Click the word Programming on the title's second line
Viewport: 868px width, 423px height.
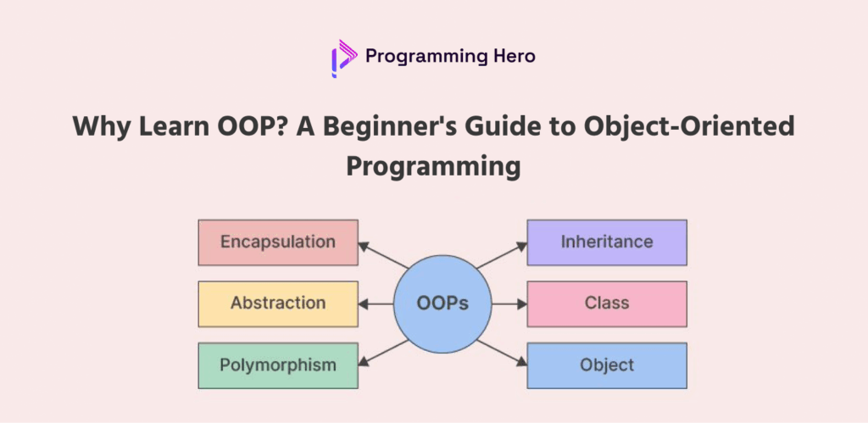pyautogui.click(x=433, y=167)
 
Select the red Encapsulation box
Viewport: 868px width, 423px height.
pyautogui.click(x=278, y=242)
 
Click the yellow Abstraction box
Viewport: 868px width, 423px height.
pyautogui.click(x=278, y=304)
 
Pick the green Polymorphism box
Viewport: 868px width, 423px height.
pyautogui.click(x=278, y=365)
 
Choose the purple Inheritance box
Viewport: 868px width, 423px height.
pyautogui.click(x=607, y=242)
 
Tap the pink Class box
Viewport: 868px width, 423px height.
pyautogui.click(x=607, y=304)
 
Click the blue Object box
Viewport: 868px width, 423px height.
pyautogui.click(x=607, y=365)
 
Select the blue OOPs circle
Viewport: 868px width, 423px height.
pyautogui.click(x=442, y=304)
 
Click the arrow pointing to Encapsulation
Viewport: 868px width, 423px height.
pyautogui.click(x=384, y=255)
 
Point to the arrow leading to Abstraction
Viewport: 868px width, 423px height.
pyautogui.click(x=376, y=304)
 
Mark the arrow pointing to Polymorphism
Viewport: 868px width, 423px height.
pyautogui.click(x=384, y=353)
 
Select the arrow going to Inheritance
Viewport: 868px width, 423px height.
pyautogui.click(x=501, y=255)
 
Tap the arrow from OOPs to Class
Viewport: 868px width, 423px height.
pyautogui.click(x=509, y=304)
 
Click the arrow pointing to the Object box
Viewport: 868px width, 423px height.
pyautogui.click(x=501, y=353)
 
